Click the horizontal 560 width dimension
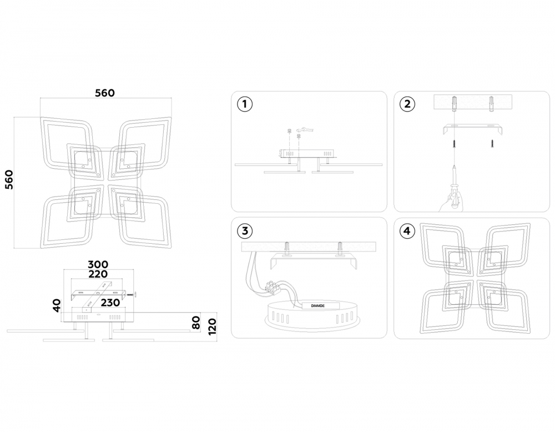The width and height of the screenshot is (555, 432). pos(104,93)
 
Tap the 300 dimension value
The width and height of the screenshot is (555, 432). pos(98,264)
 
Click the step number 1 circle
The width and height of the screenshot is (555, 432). pos(244,104)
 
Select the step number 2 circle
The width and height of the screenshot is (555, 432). pos(407,104)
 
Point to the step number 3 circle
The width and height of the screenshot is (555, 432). pos(244,230)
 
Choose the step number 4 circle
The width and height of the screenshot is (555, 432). pos(407,230)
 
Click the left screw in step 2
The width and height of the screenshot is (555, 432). pos(454,144)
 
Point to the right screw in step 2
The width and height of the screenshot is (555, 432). pos(492,143)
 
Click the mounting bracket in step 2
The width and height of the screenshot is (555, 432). pos(472,128)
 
